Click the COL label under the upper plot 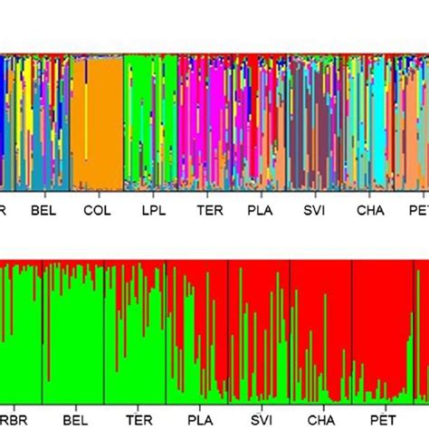coord(96,210)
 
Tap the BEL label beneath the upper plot coord(43,210)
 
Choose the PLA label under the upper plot coord(262,210)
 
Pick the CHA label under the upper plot coord(370,210)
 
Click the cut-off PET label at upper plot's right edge coord(419,210)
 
